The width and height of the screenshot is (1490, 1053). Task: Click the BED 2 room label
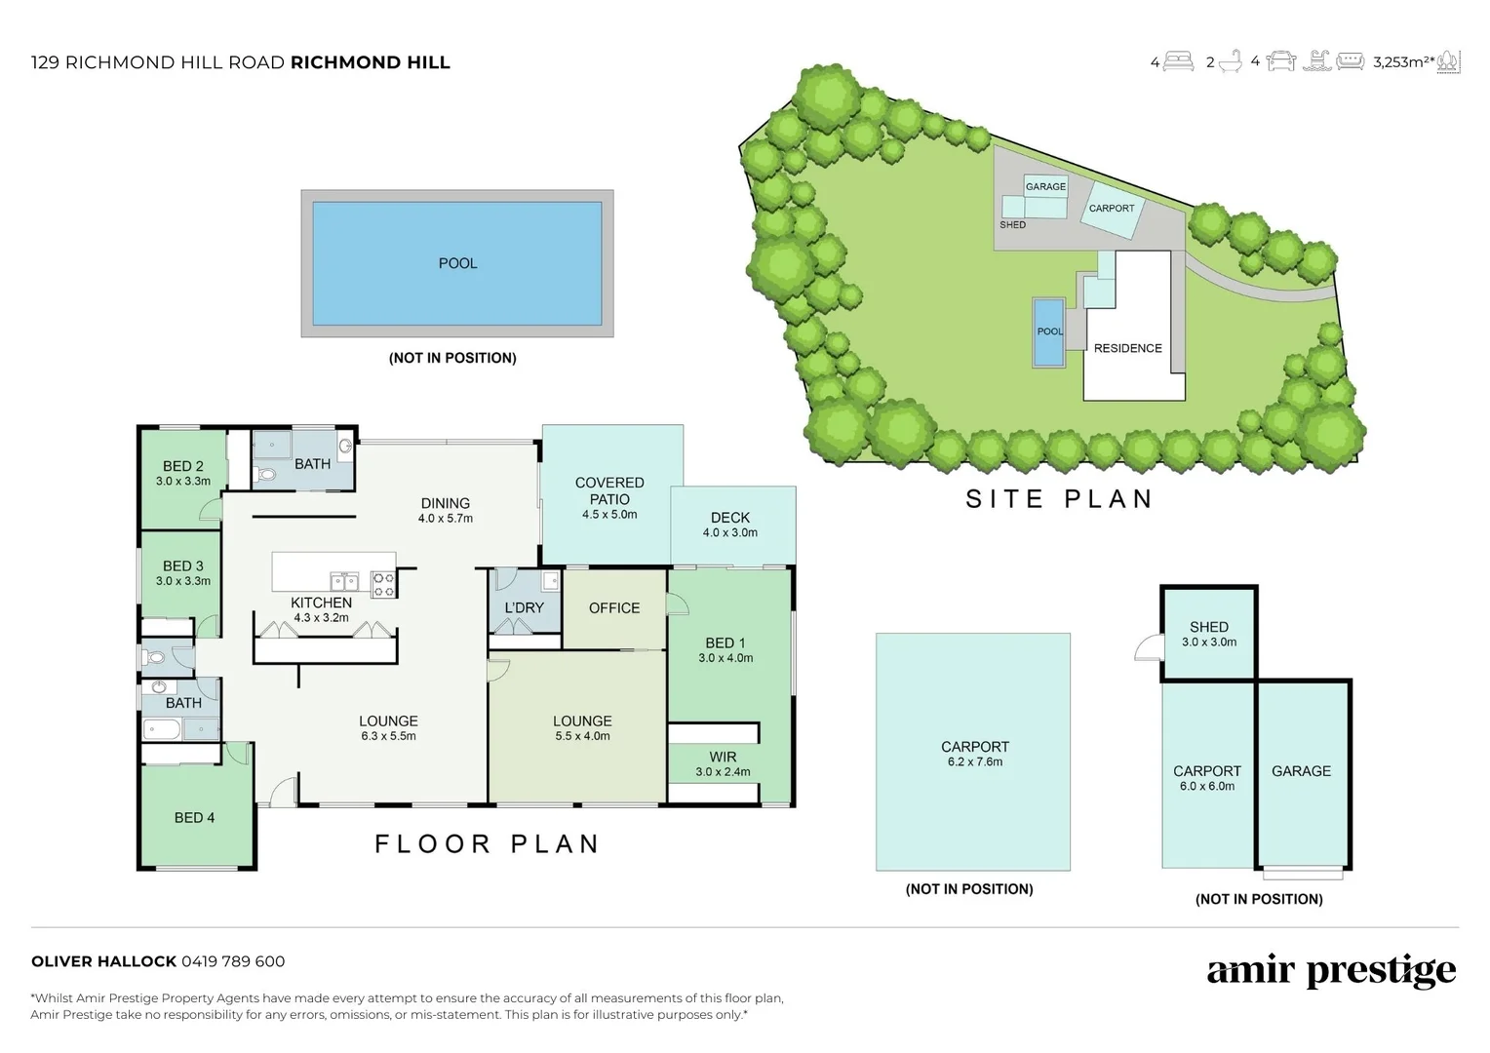[183, 467]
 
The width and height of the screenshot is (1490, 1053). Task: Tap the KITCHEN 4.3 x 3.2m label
[321, 609]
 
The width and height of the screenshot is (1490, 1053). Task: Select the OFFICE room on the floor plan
[614, 607]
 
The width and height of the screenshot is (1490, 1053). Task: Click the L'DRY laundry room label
[524, 607]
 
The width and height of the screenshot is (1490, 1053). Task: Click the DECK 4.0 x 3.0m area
[730, 525]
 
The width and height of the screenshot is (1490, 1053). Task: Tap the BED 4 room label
[194, 817]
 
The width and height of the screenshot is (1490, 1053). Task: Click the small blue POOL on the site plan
[1049, 332]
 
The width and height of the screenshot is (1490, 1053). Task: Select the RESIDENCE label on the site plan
[1127, 348]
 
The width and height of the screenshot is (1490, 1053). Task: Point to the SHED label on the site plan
[1012, 225]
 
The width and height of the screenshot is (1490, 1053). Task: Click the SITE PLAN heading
[1059, 499]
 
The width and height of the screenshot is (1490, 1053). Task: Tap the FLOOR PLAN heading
[487, 843]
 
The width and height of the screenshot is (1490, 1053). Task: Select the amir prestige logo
[1331, 971]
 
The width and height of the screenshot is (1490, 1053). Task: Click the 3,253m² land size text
[1402, 62]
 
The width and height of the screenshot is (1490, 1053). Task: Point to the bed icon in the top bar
[1180, 62]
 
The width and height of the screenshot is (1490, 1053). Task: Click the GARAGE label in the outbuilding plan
[1301, 771]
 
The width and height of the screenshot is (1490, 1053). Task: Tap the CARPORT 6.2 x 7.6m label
[974, 754]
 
